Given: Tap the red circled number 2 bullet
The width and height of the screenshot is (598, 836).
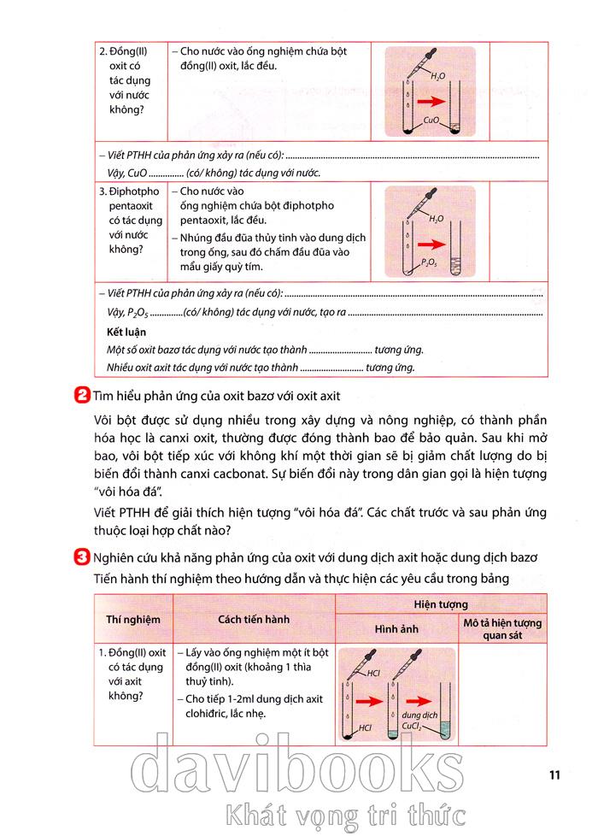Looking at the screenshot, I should pos(84,395).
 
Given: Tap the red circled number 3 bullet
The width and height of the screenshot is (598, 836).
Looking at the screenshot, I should pos(84,559).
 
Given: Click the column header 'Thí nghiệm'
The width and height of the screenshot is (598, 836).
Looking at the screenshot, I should pos(132,618).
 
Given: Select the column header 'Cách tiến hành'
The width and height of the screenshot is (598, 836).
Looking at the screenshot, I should pos(253,618).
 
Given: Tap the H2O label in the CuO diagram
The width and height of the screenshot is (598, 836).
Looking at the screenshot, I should pos(437,77).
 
